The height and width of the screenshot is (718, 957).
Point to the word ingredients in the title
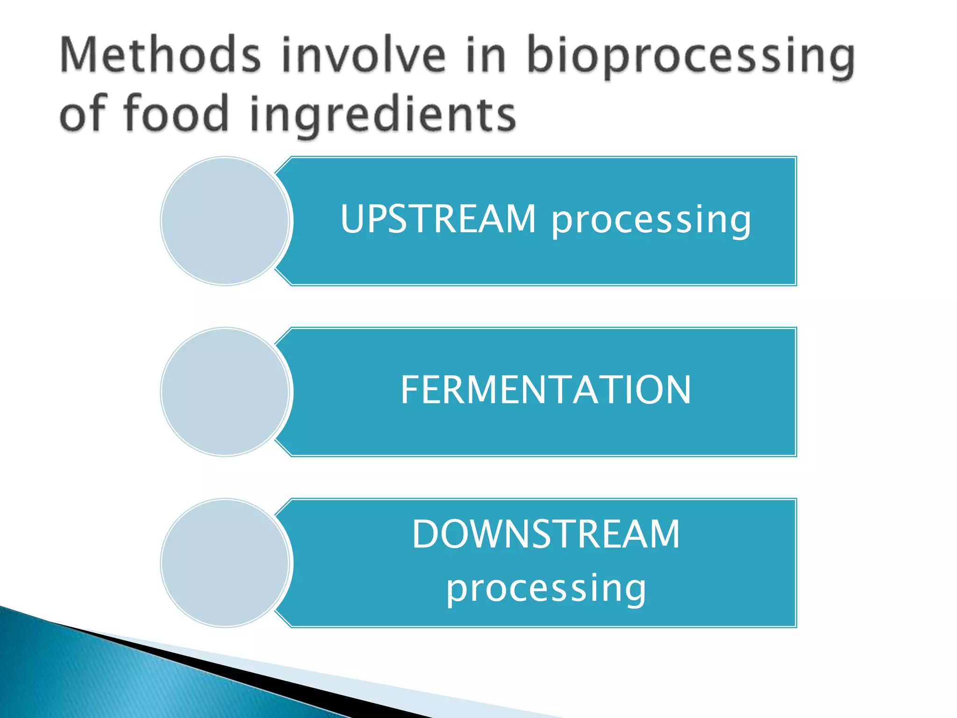pyautogui.click(x=383, y=115)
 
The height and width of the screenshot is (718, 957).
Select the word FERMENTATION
pyautogui.click(x=545, y=390)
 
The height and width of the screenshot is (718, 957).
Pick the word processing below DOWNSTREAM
pyautogui.click(x=545, y=589)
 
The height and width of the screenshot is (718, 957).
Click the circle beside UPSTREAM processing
pyautogui.click(x=225, y=221)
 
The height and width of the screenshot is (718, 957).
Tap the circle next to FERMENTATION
pyautogui.click(x=225, y=392)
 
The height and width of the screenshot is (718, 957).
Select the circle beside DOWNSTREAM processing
pyautogui.click(x=225, y=563)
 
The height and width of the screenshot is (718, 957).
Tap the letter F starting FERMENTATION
pyautogui.click(x=410, y=390)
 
